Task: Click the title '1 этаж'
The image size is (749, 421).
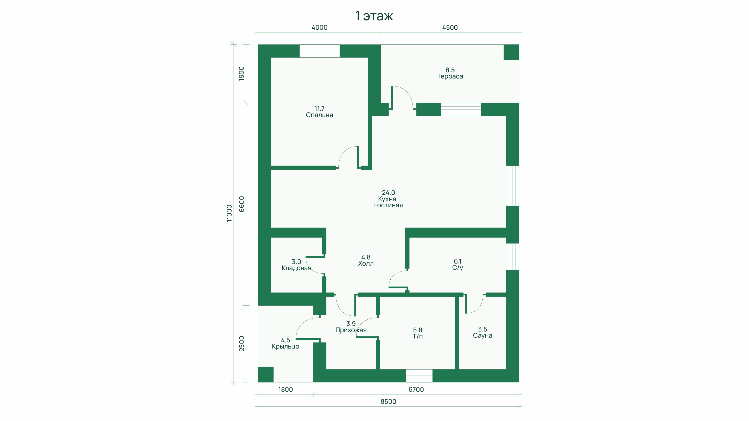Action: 374,16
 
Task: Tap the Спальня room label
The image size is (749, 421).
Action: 319,115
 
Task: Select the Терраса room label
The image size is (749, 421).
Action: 450,76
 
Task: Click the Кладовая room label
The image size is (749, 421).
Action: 296,268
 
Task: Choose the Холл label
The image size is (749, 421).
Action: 366,264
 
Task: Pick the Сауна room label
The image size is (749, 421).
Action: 482,336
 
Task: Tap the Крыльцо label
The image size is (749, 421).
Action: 285,346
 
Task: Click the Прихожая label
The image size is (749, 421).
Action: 351,330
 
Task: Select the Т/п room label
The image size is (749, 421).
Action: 417,337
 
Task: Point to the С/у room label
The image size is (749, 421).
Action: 457,268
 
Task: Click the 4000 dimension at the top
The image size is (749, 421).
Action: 319,28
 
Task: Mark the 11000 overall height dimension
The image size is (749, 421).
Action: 229,213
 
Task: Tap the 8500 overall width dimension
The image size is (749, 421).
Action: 388,402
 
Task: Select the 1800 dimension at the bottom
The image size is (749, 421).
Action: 286,390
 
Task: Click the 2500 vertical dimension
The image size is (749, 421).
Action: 242,344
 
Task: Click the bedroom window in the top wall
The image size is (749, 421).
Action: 320,51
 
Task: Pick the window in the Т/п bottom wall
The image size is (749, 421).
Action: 419,376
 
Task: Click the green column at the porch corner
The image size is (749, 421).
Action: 266,374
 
